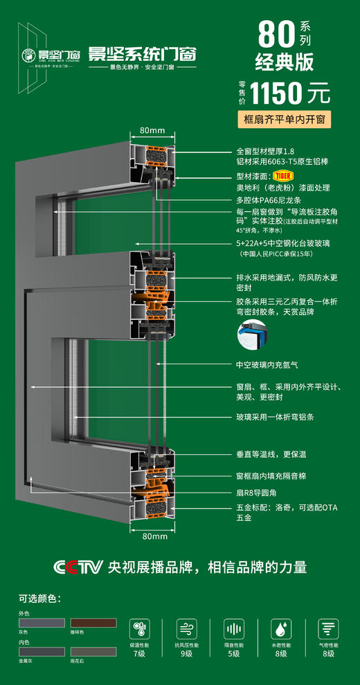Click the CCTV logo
point(78,566)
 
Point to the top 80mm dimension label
point(152,130)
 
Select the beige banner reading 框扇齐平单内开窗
point(283,119)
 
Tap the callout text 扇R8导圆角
point(260,492)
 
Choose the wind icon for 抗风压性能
point(186,628)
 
